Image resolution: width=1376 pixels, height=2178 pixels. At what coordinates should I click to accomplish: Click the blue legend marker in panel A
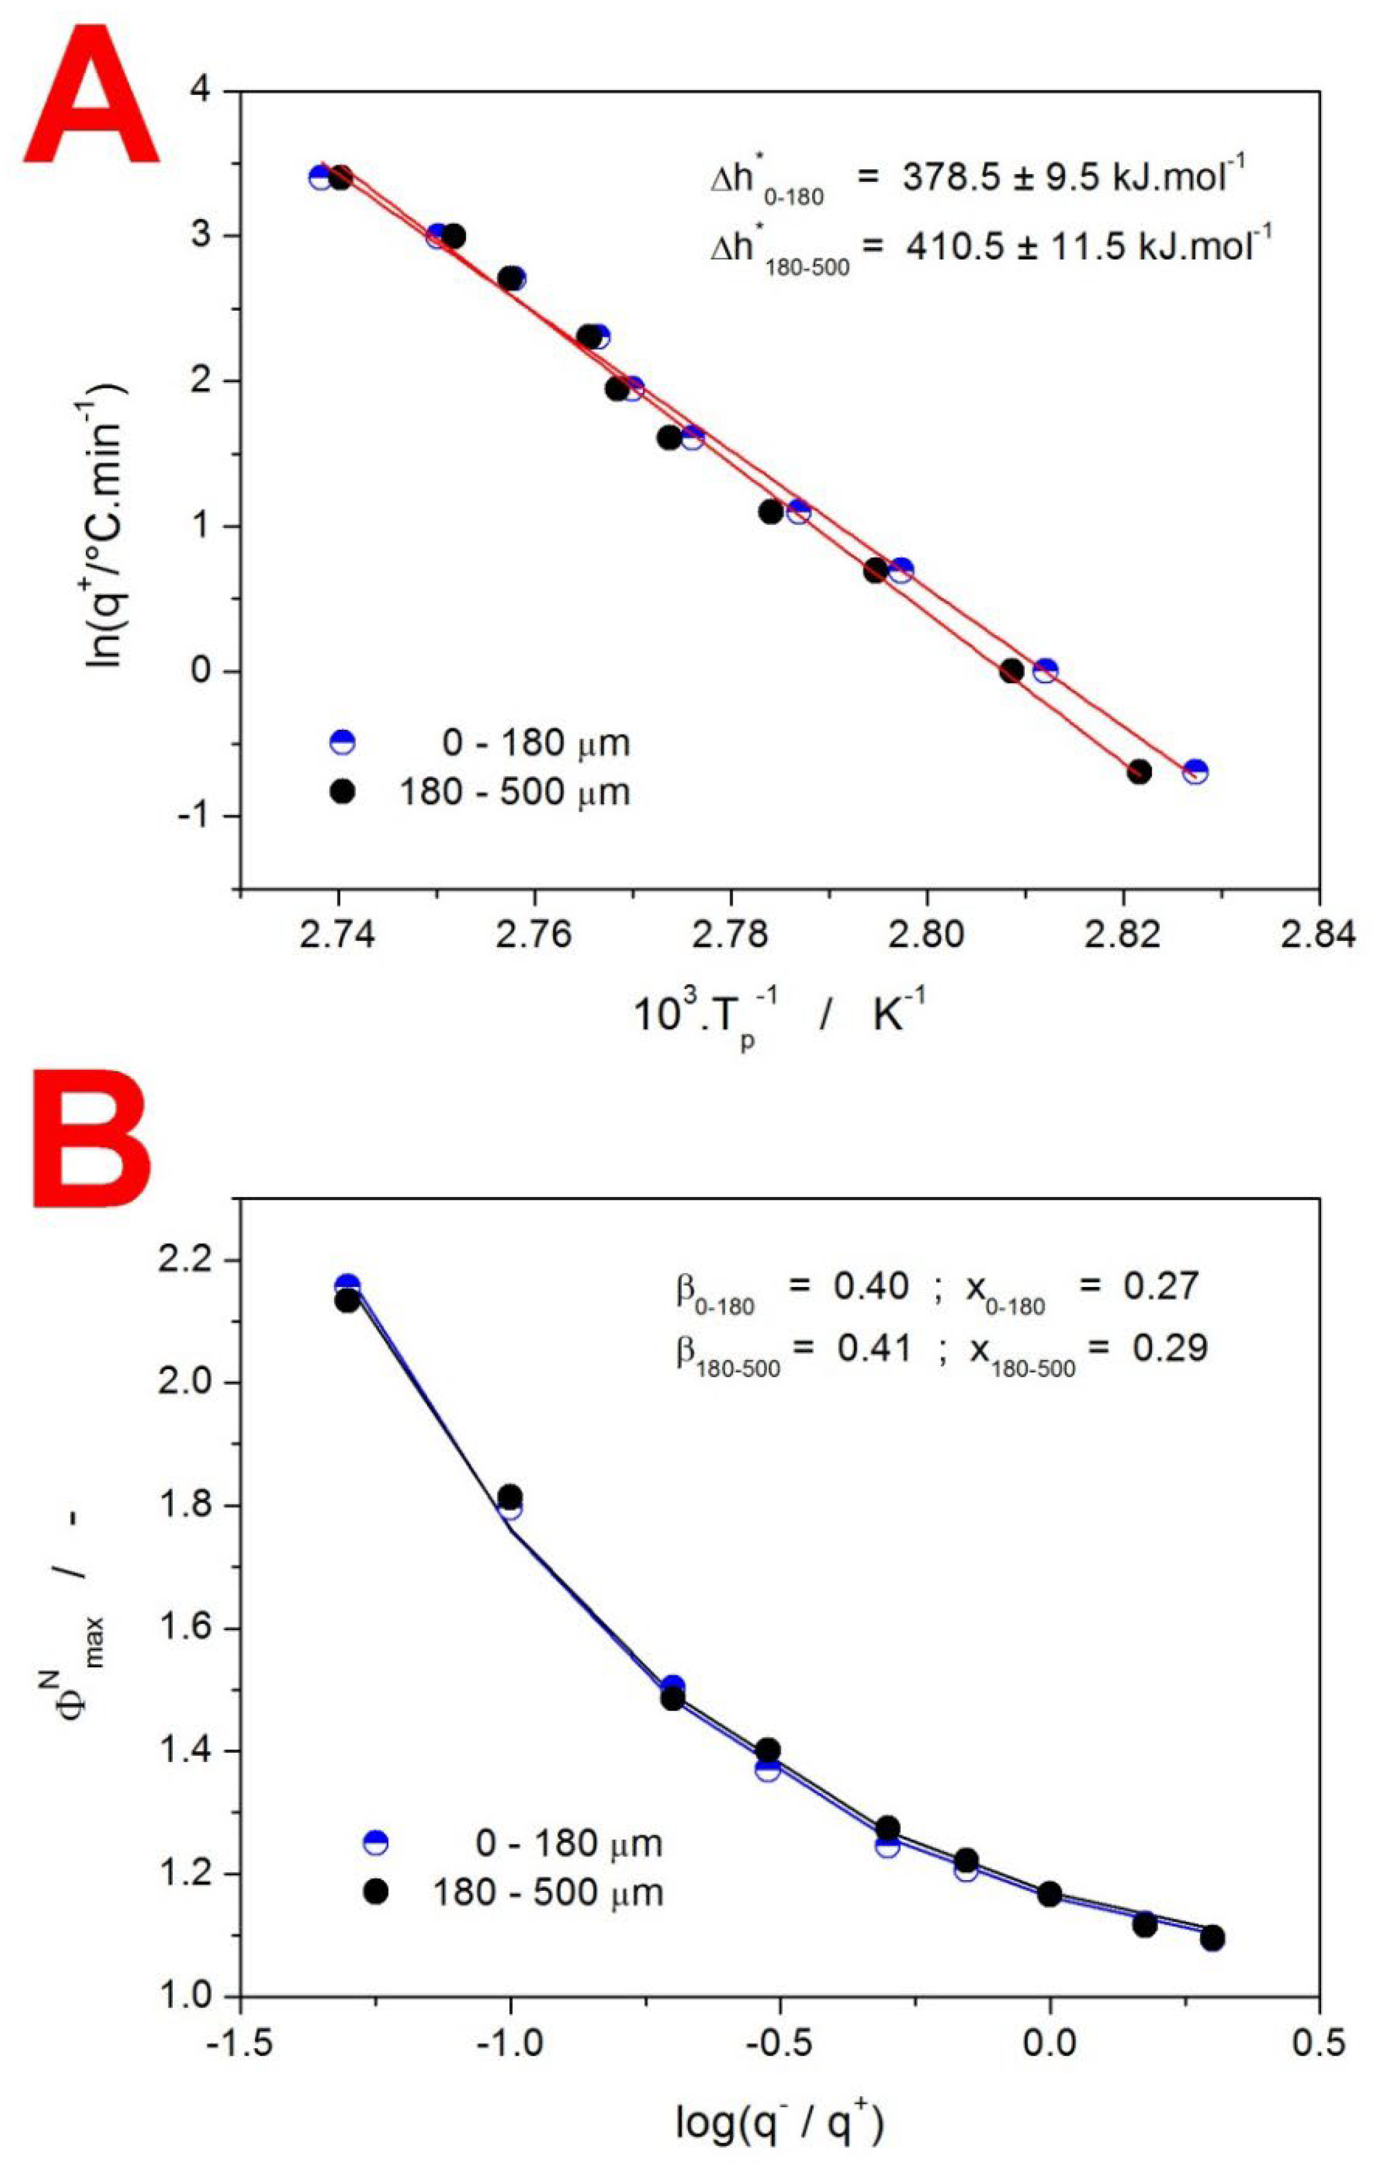click(342, 744)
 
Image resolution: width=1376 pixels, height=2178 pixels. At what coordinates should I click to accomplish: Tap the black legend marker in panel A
click(342, 792)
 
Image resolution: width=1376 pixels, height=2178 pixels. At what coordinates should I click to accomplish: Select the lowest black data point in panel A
click(1139, 772)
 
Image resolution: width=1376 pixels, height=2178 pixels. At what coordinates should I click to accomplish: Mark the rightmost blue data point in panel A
click(1195, 772)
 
